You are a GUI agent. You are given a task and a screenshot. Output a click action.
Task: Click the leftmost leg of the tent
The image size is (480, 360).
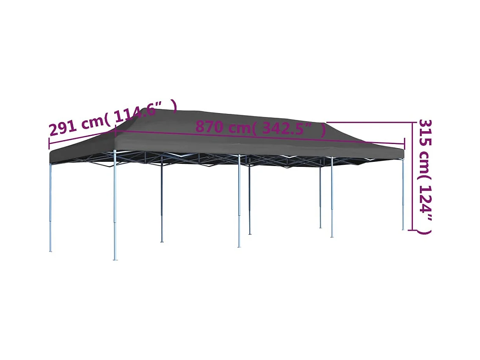[x=50, y=208]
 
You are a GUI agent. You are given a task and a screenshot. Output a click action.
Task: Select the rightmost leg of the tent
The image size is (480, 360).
[x=403, y=195]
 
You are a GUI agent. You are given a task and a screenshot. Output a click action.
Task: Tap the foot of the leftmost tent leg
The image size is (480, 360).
[x=50, y=250]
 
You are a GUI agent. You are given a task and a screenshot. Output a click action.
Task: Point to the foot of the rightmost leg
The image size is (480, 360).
[x=403, y=229]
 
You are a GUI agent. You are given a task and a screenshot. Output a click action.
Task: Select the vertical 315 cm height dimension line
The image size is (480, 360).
[x=412, y=178]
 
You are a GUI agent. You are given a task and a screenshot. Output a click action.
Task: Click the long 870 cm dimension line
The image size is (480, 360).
[x=254, y=137]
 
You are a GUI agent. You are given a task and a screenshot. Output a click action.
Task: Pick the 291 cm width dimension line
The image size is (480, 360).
[x=80, y=140]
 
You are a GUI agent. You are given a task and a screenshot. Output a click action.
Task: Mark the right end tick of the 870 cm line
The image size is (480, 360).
[x=404, y=144]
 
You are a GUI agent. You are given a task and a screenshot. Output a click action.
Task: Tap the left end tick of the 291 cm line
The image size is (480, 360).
[x=49, y=144]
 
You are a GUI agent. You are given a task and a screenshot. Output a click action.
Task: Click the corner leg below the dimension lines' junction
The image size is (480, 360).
[x=115, y=203]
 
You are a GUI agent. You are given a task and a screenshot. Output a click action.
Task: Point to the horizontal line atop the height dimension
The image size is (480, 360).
[x=368, y=122]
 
